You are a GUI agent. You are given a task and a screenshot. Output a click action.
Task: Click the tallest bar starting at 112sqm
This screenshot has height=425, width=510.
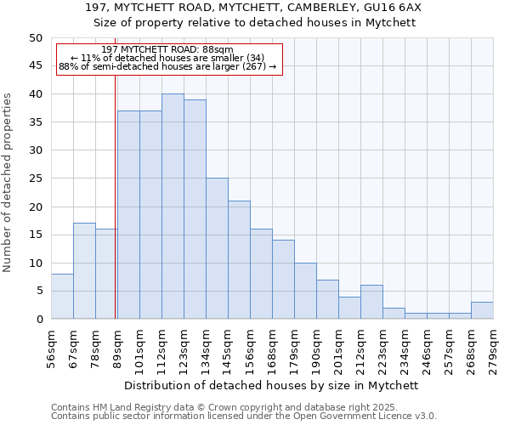pyautogui.click(x=173, y=207)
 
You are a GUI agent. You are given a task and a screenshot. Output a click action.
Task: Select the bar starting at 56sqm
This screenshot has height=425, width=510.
pyautogui.click(x=62, y=297)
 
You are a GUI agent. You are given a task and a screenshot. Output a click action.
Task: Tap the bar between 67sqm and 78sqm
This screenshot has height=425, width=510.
pyautogui.click(x=84, y=271)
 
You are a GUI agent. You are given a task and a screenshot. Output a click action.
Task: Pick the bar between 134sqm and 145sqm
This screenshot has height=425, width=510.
pyautogui.click(x=217, y=248)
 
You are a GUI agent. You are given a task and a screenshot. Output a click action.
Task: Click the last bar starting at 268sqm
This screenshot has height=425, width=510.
pyautogui.click(x=482, y=310)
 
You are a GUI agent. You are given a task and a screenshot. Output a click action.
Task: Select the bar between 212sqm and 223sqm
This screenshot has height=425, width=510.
pyautogui.click(x=371, y=302)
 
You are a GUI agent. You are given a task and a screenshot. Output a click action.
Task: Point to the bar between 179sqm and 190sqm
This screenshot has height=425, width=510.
pyautogui.click(x=305, y=291)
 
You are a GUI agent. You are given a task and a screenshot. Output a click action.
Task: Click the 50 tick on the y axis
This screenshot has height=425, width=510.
pyautogui.click(x=35, y=38)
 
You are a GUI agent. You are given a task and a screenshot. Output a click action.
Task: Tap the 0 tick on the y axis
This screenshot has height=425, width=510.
pyautogui.click(x=38, y=320)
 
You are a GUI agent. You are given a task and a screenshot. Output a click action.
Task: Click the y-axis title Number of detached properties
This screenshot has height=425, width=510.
pyautogui.click(x=8, y=178)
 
